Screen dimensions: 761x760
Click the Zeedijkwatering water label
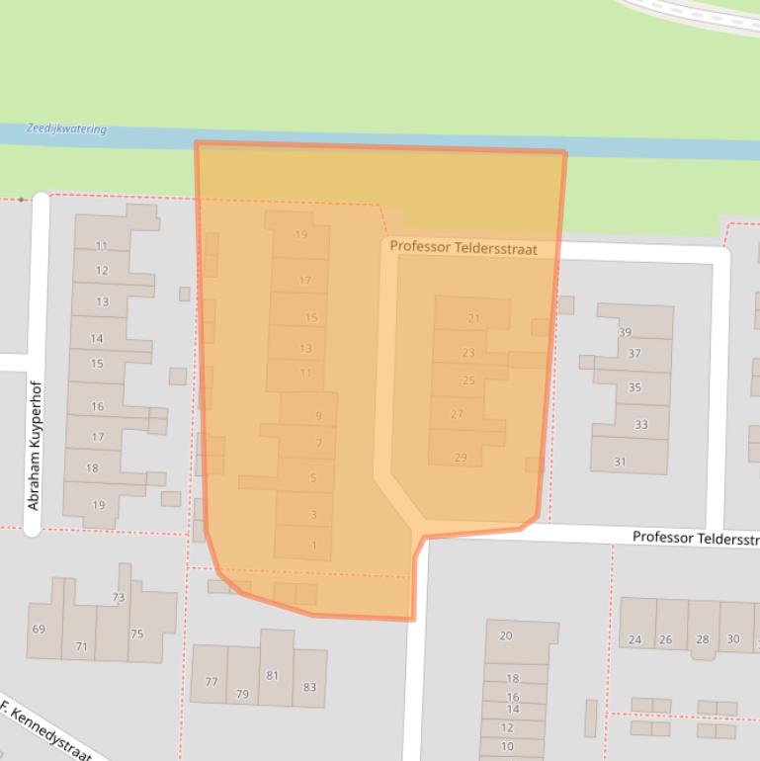66,129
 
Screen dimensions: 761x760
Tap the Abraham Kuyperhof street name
33,461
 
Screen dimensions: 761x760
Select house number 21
473,318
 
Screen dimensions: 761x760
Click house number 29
461,457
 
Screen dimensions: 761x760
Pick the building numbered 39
625,332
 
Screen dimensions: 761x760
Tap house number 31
620,462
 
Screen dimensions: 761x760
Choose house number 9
319,416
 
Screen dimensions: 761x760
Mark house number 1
314,546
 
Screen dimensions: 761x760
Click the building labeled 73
119,598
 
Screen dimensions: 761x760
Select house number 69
39,630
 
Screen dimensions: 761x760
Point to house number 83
310,687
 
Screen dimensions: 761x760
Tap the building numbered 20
506,635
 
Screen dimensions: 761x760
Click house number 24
634,639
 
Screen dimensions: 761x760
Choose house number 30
732,639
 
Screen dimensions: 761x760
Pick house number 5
313,478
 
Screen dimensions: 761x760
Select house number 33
641,425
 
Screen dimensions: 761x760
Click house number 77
211,682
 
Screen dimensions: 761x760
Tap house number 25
468,380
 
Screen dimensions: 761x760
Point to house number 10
507,747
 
